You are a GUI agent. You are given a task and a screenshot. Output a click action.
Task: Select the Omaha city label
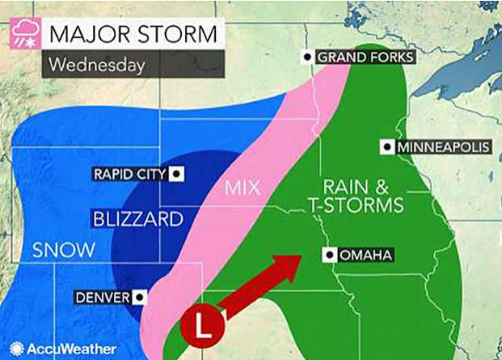(x=366, y=256)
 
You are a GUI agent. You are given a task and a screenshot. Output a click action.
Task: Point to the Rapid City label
(x=129, y=173)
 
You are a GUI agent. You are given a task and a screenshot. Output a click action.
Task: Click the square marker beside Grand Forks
(x=308, y=57)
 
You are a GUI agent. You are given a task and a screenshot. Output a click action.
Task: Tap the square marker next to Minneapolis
(x=387, y=147)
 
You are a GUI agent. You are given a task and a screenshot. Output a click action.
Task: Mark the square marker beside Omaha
(x=329, y=256)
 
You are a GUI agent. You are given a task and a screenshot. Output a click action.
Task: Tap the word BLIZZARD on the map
(x=133, y=218)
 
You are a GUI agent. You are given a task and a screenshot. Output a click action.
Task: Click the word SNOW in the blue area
(x=63, y=249)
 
